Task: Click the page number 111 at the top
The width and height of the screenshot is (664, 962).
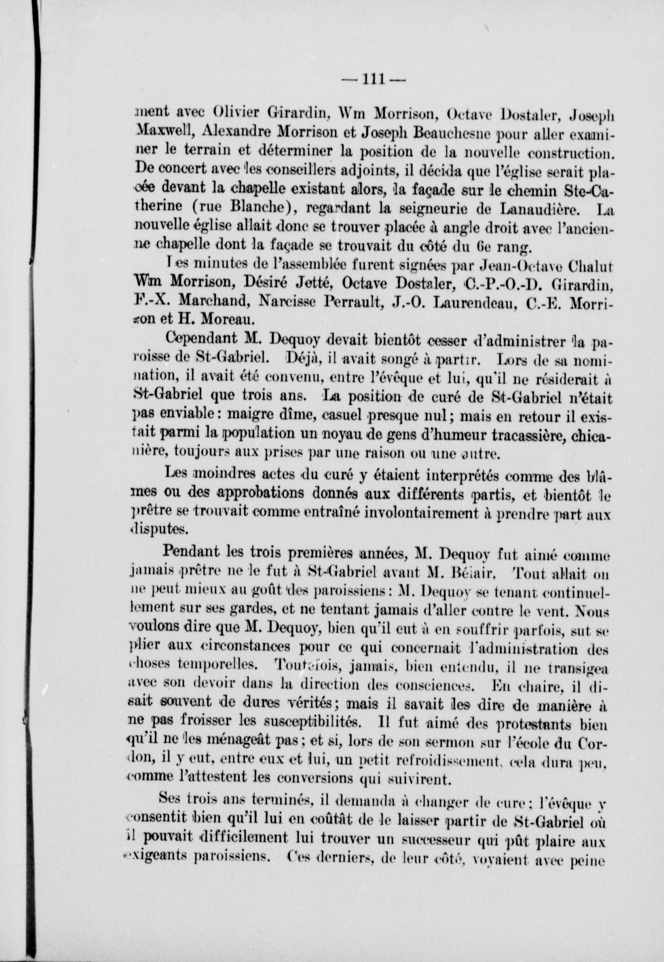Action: point(373,79)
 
